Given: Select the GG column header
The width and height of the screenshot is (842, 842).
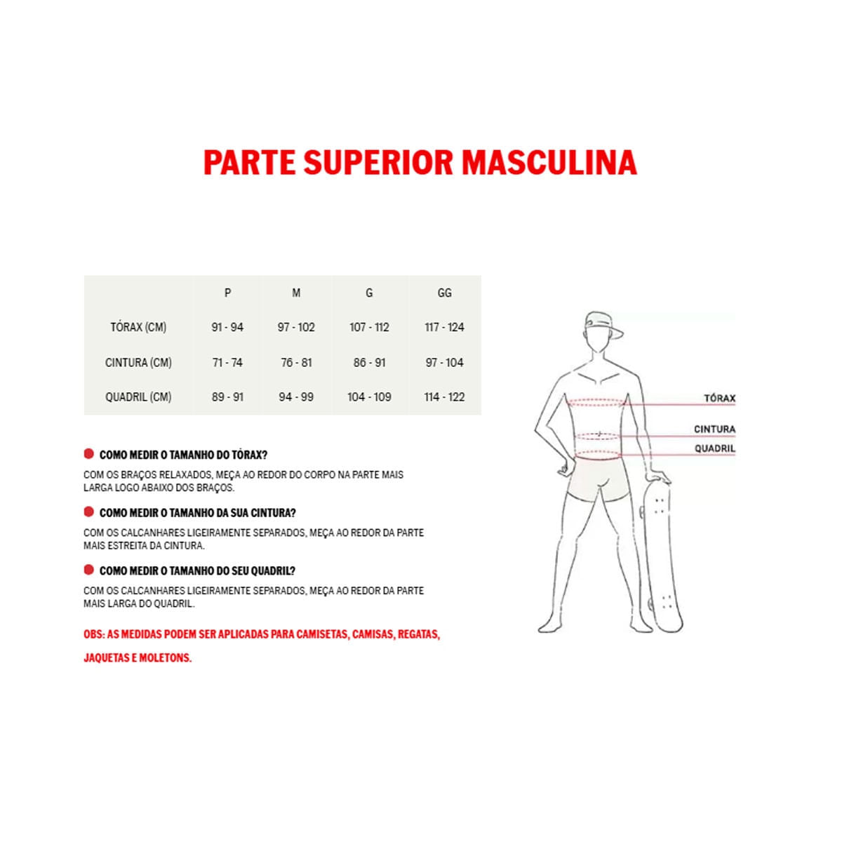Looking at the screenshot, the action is pyautogui.click(x=444, y=293).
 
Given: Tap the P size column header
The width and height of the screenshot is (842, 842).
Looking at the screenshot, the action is pyautogui.click(x=227, y=293).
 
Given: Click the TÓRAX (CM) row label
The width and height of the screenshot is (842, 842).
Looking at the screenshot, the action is pyautogui.click(x=138, y=327).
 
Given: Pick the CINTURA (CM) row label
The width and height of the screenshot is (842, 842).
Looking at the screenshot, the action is pyautogui.click(x=138, y=362).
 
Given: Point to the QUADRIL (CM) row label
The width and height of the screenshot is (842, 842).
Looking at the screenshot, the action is pyautogui.click(x=138, y=396).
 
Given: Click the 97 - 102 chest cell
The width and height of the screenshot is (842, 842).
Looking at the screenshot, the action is pyautogui.click(x=296, y=327).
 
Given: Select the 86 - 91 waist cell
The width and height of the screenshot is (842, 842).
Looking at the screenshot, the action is pyautogui.click(x=369, y=362).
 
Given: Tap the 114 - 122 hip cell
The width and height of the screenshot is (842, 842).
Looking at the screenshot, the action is pyautogui.click(x=444, y=396).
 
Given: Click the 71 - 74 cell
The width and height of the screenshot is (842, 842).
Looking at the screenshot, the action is pyautogui.click(x=227, y=362).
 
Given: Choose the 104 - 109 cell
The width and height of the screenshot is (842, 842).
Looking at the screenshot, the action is pyautogui.click(x=369, y=396).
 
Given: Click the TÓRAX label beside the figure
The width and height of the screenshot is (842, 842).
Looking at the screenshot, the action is pyautogui.click(x=720, y=398).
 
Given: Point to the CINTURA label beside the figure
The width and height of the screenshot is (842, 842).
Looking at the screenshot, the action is pyautogui.click(x=714, y=429).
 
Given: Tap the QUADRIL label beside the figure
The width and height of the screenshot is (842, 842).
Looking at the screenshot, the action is pyautogui.click(x=715, y=448).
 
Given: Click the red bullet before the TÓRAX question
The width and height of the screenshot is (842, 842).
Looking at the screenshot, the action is pyautogui.click(x=89, y=453).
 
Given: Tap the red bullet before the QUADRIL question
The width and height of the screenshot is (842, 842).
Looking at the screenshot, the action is pyautogui.click(x=89, y=570).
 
